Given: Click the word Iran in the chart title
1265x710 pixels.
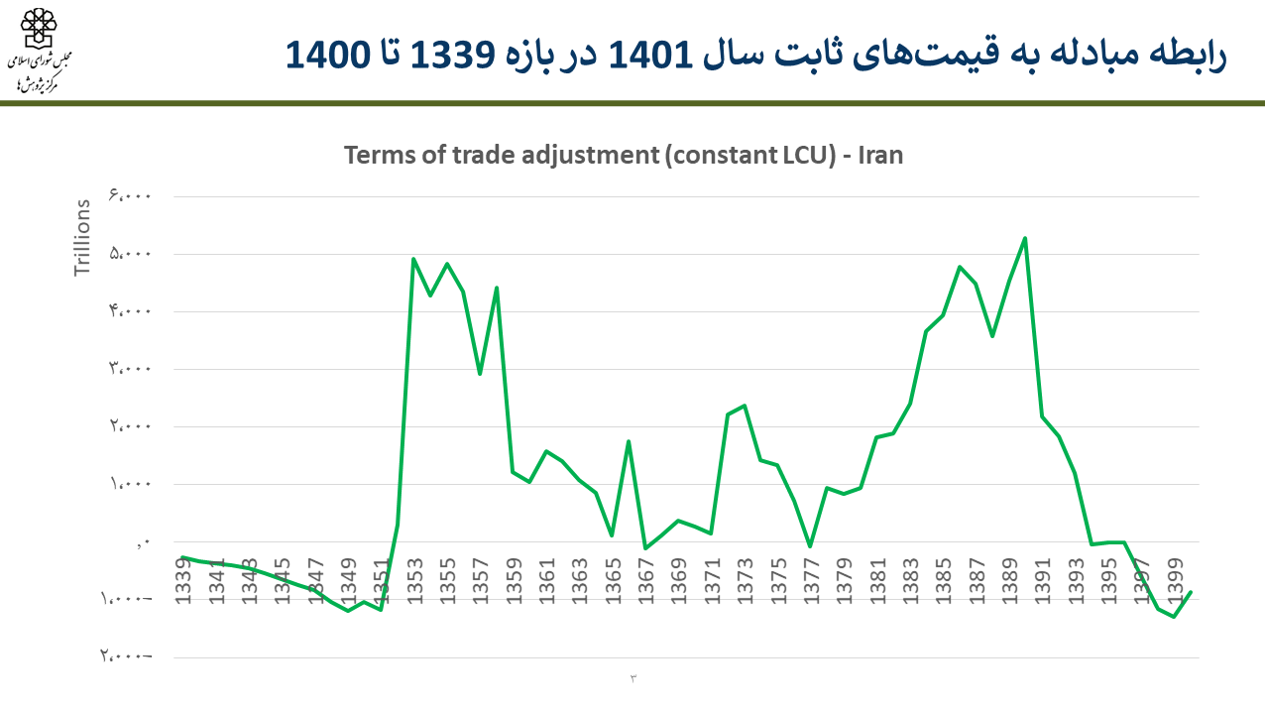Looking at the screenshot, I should point(880,156).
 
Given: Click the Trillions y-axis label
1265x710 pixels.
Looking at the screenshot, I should point(83,238).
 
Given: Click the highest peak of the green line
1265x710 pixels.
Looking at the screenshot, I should point(1025,238).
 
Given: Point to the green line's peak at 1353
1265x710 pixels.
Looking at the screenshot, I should point(413,259).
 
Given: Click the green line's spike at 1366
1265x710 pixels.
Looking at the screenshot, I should point(629,441).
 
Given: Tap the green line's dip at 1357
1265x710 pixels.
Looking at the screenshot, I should point(480,374).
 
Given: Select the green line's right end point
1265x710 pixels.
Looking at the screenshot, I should point(1191,592).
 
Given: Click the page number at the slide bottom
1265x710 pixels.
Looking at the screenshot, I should point(632,677).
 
